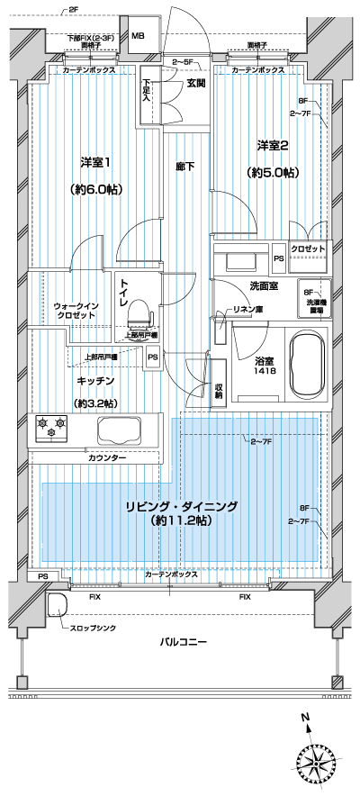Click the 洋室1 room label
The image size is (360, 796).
pyautogui.click(x=94, y=162)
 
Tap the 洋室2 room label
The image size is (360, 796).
pyautogui.click(x=272, y=145)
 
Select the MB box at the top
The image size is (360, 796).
pyautogui.click(x=138, y=37)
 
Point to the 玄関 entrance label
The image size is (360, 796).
pyautogui.click(x=196, y=84)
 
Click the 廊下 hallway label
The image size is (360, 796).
pyautogui.click(x=185, y=166)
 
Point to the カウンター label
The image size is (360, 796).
pyautogui.click(x=107, y=458)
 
